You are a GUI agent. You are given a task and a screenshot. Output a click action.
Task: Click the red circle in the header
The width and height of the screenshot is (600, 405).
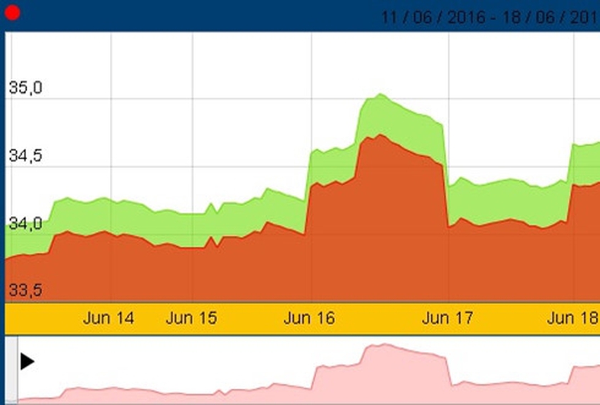coord(13,13)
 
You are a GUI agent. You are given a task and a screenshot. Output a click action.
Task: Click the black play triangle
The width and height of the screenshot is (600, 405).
coord(27,361)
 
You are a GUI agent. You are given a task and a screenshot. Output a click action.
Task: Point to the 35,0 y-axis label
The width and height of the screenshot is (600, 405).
coord(25,88)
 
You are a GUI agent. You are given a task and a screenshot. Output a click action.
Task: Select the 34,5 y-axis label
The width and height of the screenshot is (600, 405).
coord(25,156)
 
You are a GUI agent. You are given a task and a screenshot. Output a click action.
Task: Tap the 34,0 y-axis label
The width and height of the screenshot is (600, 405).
coord(25,224)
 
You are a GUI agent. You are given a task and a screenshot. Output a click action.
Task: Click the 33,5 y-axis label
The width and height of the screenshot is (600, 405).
coord(25,290)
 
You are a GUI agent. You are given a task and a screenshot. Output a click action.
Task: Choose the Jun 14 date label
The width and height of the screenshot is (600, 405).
coord(108,318)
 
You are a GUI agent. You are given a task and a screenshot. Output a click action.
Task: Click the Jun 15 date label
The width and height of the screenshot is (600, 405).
coord(192,318)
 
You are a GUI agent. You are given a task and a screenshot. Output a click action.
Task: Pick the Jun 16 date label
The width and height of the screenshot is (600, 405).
coord(309,318)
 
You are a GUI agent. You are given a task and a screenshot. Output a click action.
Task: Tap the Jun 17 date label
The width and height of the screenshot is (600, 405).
coord(447,318)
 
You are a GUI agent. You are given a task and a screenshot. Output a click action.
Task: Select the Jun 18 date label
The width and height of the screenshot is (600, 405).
coord(572,318)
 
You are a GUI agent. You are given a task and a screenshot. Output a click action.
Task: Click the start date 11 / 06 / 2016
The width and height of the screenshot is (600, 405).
coord(435,16)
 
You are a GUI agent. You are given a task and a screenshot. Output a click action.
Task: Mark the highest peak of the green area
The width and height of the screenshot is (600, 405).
coord(380,95)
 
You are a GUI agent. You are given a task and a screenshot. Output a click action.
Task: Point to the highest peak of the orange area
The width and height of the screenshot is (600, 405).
coord(380,135)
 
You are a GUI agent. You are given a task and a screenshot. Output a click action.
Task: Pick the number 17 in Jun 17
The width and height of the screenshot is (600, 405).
coord(462,318)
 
